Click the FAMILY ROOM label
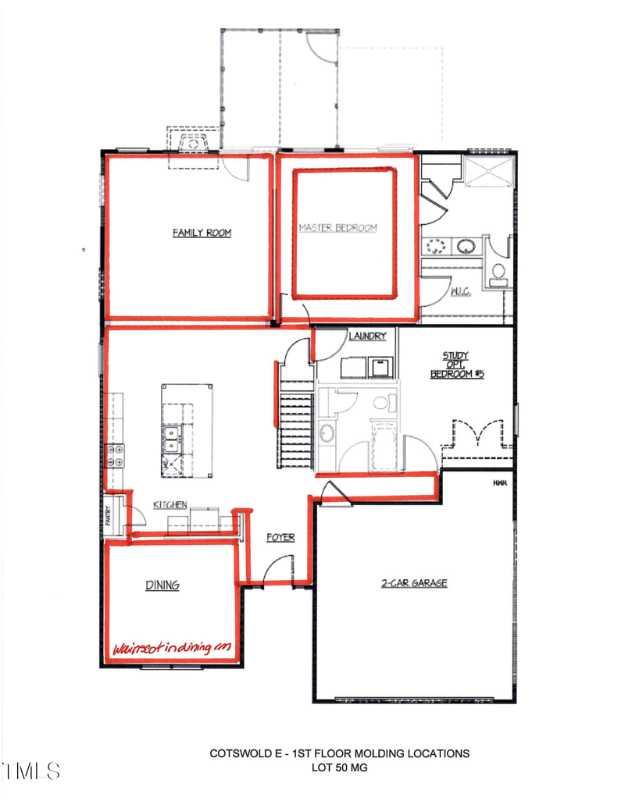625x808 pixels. point(202,233)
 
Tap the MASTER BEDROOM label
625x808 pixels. point(338,228)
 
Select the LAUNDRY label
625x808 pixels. point(368,336)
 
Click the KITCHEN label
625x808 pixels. point(170,505)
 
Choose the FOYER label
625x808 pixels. point(280,537)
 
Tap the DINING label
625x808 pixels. point(162,585)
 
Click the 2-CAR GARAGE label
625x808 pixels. point(414,582)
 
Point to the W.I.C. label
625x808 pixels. point(459,293)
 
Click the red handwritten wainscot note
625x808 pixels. point(173,648)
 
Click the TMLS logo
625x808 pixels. point(32,771)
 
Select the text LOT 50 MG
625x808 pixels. point(339,768)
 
